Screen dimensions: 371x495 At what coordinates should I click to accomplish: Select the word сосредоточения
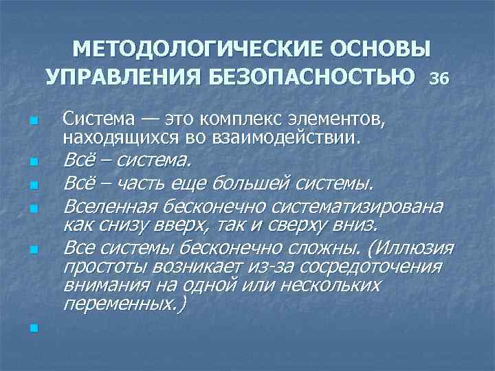pos(371,267)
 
